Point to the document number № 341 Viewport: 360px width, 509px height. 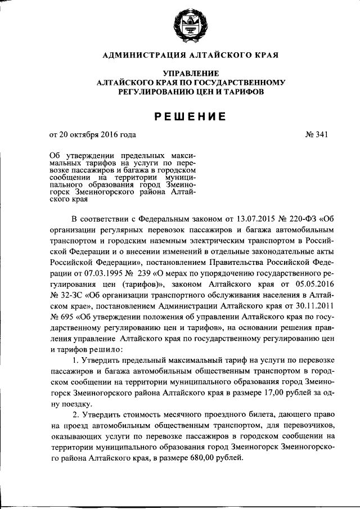[x=316, y=134]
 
